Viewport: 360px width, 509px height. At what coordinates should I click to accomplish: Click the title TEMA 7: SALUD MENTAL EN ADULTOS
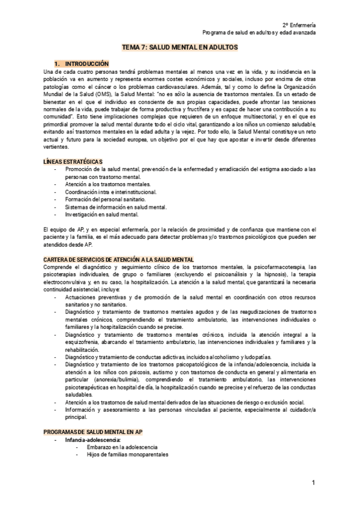180,46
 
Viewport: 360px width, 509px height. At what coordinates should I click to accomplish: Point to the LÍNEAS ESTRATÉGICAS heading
73,162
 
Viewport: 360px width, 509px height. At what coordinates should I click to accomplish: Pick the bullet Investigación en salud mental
102,214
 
